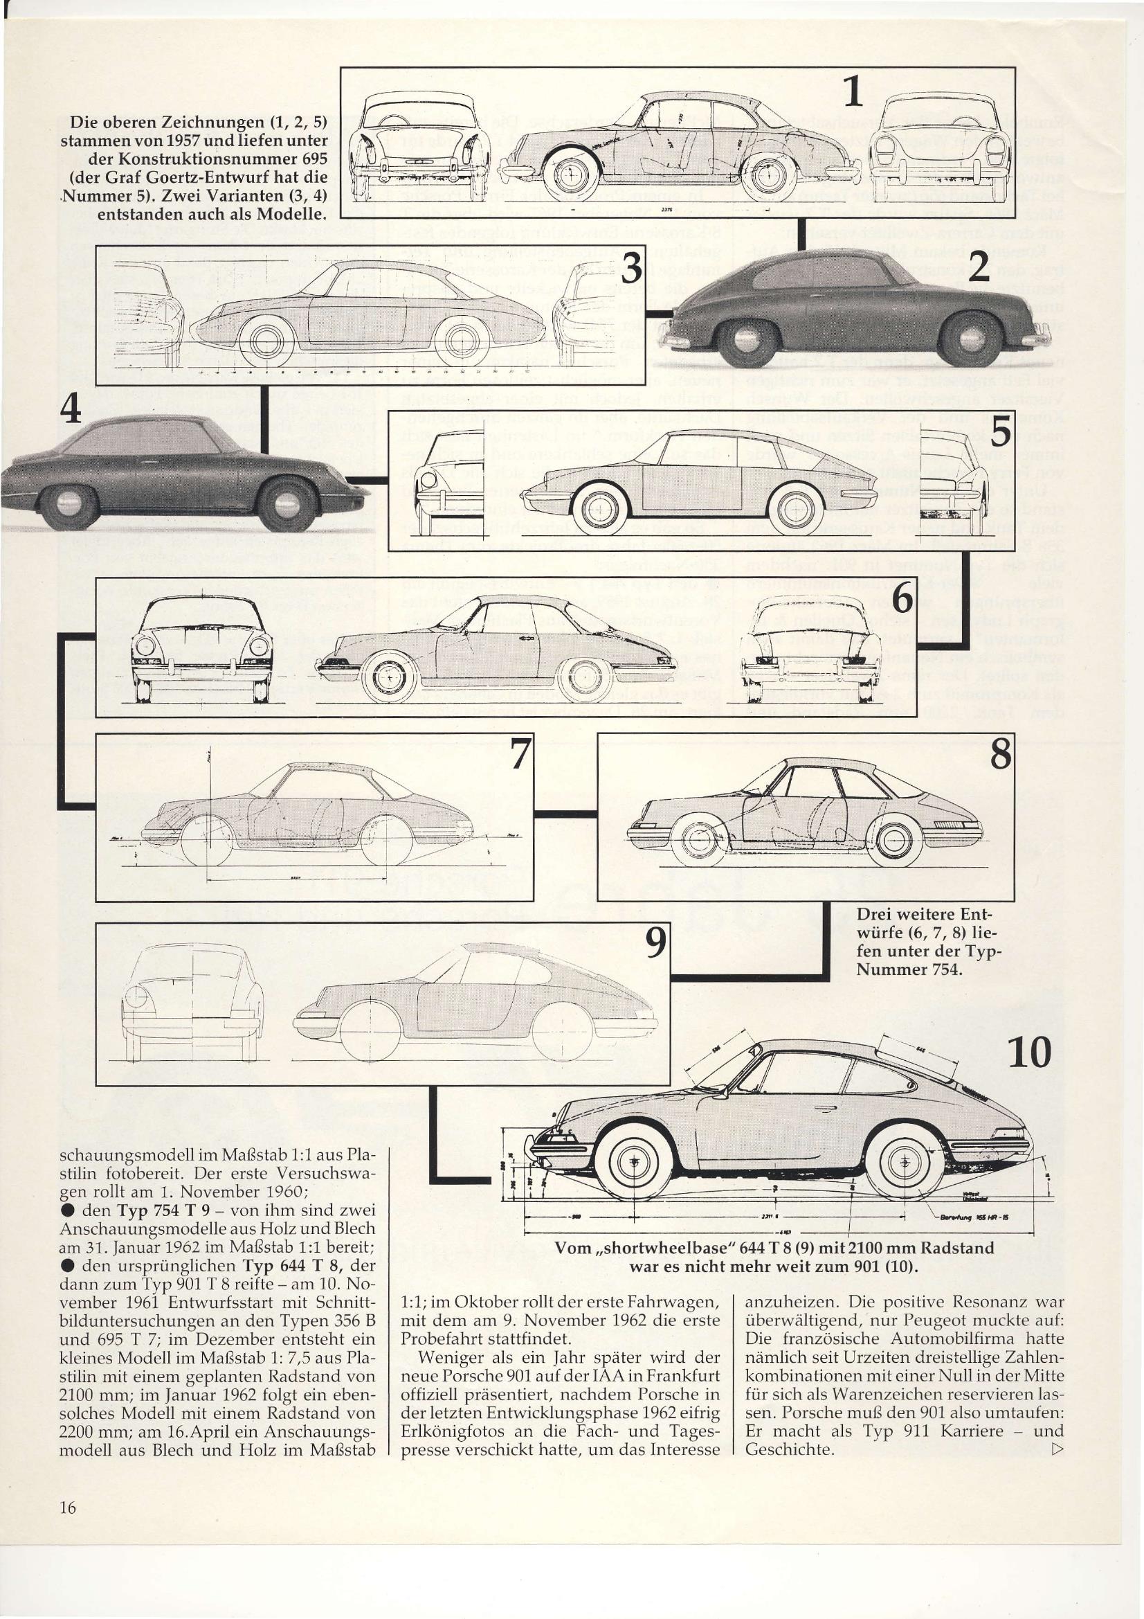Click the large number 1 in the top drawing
pos(852,91)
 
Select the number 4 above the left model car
pos(70,409)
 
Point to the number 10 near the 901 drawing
pos(1030,1053)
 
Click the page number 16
pos(68,1507)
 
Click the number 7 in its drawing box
pos(520,754)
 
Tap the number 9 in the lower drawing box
pos(655,942)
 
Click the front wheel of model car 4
pos(287,505)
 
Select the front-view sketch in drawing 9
pos(192,1004)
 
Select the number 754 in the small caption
pos(944,970)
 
